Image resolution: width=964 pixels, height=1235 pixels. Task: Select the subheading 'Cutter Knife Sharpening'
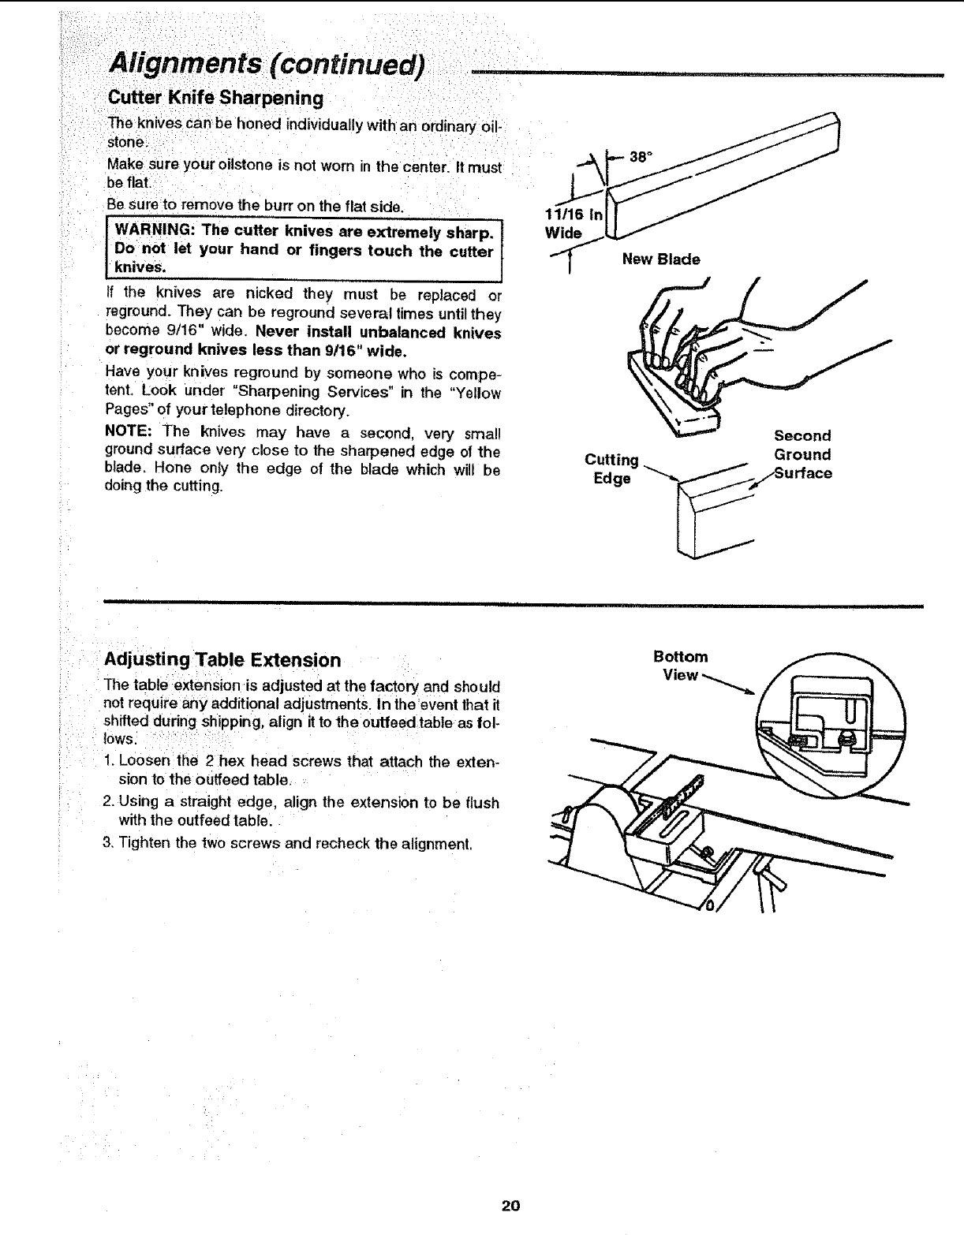[215, 99]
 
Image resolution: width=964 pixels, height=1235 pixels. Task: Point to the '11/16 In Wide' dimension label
[572, 223]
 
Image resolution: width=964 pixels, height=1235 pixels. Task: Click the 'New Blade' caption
[660, 259]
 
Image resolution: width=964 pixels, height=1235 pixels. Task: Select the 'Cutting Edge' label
[611, 469]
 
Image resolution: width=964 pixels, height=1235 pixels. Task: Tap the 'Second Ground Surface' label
[802, 454]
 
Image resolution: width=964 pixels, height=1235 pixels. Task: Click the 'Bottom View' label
[680, 666]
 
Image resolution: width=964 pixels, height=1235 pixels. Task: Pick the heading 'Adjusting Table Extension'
[223, 660]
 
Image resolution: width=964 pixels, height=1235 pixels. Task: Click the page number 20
[510, 1206]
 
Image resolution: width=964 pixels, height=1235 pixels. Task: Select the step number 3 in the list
[109, 843]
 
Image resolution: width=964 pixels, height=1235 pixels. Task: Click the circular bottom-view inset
[828, 726]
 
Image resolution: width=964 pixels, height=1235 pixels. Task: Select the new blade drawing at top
[726, 180]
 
